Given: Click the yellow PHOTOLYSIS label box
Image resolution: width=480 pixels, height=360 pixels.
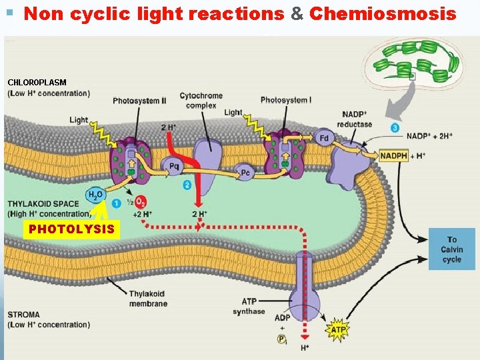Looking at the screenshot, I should (71, 230).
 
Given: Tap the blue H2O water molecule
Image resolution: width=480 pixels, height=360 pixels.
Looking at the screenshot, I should (95, 195).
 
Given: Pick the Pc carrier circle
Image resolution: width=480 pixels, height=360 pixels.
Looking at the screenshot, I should (245, 173).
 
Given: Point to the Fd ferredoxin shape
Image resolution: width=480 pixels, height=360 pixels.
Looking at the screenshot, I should (323, 138).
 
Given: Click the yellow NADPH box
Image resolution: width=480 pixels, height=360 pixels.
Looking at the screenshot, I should (393, 155).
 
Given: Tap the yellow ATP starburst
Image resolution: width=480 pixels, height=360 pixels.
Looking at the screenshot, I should (339, 329).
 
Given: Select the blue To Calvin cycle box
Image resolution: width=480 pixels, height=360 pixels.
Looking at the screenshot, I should (451, 249).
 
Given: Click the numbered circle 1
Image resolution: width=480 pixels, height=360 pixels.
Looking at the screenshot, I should (117, 203).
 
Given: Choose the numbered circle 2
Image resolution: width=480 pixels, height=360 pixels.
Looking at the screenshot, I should (187, 184).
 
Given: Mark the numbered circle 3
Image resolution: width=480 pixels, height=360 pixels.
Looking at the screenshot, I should (395, 127).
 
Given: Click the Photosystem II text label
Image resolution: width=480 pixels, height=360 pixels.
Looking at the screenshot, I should (139, 101).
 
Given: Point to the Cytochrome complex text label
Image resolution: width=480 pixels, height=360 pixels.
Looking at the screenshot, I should (201, 101).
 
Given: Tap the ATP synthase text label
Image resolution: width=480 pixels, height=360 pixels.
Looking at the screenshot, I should (249, 307).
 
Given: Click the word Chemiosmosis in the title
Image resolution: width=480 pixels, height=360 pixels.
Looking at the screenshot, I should (383, 13).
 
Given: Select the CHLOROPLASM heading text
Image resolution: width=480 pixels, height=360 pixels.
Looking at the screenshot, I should (37, 82).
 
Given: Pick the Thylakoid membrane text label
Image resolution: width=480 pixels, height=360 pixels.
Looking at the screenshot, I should (148, 299).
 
